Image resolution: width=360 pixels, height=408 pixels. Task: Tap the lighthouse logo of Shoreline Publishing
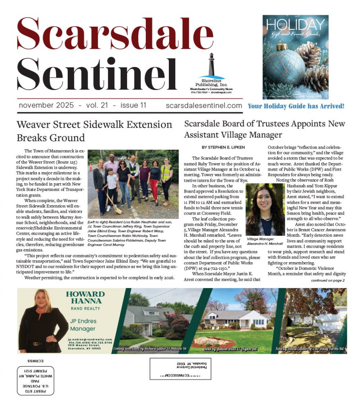(211, 64)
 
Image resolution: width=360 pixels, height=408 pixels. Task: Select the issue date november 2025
(46, 106)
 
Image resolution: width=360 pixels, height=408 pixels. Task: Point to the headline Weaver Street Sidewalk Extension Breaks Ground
(94, 131)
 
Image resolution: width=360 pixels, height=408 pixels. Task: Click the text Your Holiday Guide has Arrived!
(296, 106)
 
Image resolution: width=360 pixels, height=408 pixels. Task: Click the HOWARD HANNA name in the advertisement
(85, 297)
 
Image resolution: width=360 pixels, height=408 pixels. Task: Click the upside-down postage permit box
(36, 380)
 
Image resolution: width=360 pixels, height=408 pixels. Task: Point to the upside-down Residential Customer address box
(180, 369)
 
